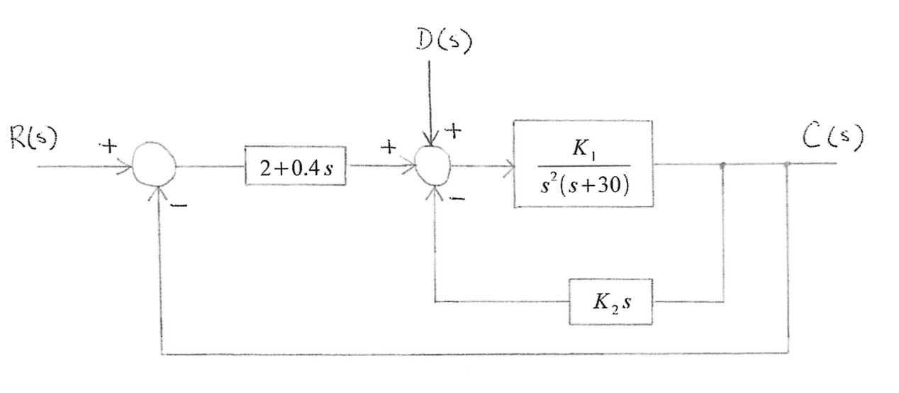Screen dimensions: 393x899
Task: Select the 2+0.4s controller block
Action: pos(296,167)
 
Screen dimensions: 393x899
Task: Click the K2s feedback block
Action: pos(610,301)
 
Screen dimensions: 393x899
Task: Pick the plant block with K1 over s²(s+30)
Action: pos(582,164)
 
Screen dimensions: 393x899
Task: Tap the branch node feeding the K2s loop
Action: pos(723,165)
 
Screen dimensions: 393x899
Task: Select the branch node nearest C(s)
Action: pos(788,165)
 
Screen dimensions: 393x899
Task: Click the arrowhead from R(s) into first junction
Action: pos(129,168)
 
